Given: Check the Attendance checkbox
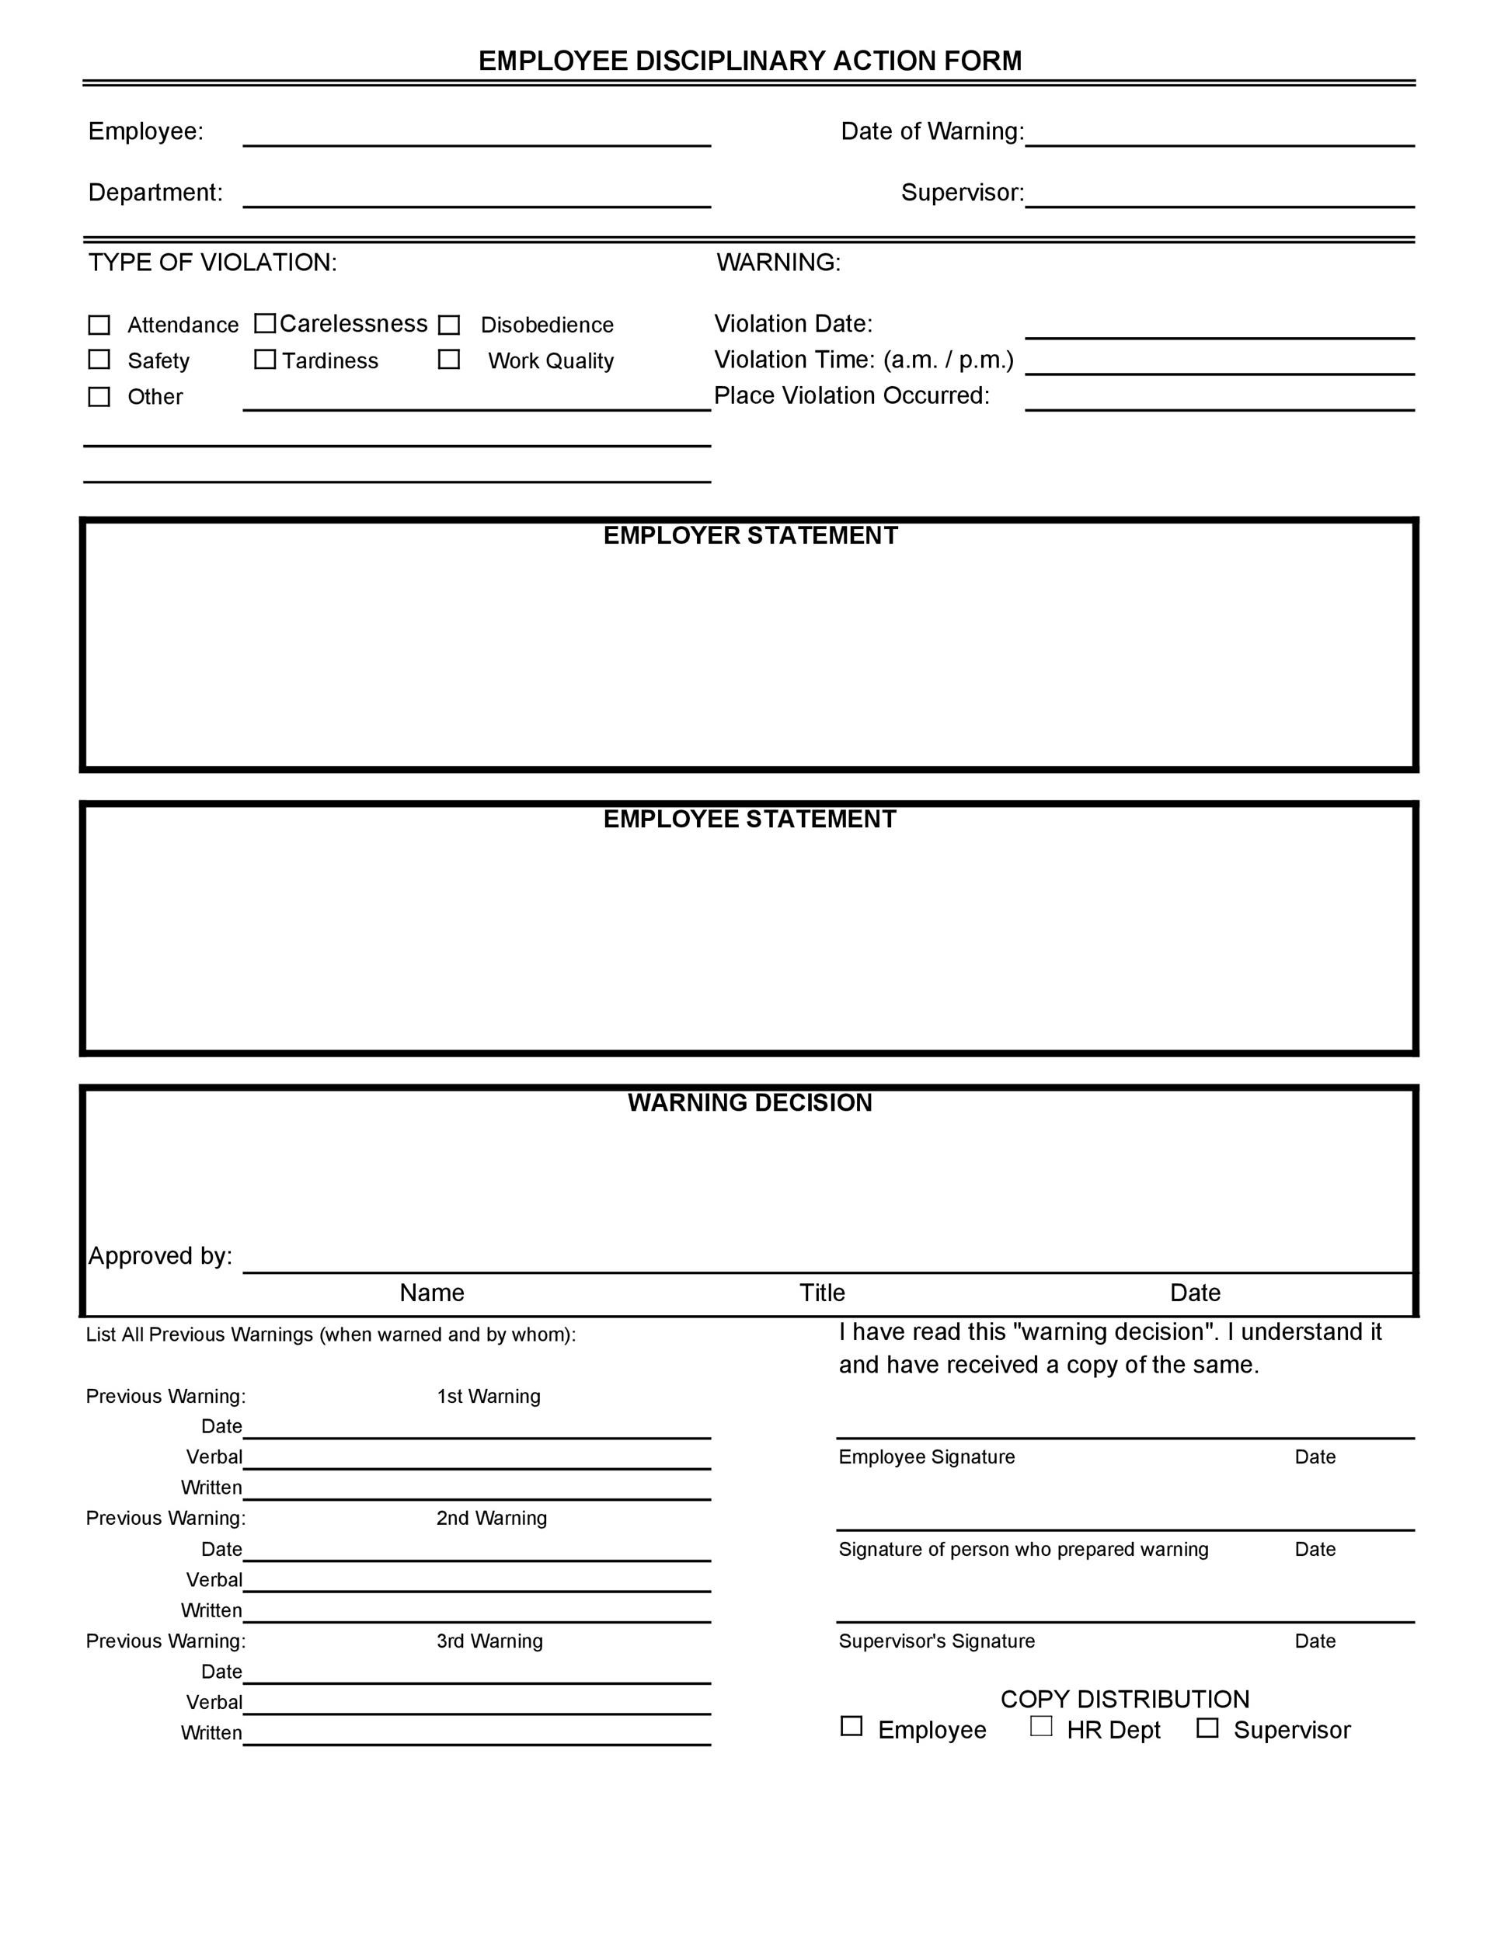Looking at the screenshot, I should pyautogui.click(x=99, y=325).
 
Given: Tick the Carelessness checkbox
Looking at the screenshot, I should pyautogui.click(x=265, y=323).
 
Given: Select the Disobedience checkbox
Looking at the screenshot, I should pyautogui.click(x=449, y=325).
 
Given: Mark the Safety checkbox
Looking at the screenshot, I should pyautogui.click(x=99, y=359).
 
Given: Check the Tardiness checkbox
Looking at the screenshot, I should pyautogui.click(x=265, y=359).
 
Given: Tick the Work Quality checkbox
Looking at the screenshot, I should pyautogui.click(x=449, y=359).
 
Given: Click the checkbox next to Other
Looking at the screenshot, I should pyautogui.click(x=99, y=397).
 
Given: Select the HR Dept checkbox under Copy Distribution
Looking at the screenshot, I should pyautogui.click(x=1040, y=1726).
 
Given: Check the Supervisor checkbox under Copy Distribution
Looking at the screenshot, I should pyautogui.click(x=1207, y=1727).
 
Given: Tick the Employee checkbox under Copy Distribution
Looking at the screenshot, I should pyautogui.click(x=851, y=1726).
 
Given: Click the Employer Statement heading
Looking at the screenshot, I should pyautogui.click(x=750, y=535).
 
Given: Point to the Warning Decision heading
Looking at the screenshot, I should pyautogui.click(x=750, y=1102).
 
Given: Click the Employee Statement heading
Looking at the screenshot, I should pyautogui.click(x=750, y=819).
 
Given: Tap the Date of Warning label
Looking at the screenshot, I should pyautogui.click(x=932, y=131).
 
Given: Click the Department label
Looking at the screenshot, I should pyautogui.click(x=155, y=193).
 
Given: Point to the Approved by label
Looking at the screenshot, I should pyautogui.click(x=160, y=1255).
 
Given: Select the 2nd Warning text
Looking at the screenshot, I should pyautogui.click(x=491, y=1518).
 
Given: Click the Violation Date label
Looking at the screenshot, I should pyautogui.click(x=793, y=324).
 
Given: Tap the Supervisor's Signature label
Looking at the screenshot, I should pyautogui.click(x=936, y=1641).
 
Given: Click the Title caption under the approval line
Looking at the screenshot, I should pyautogui.click(x=822, y=1292).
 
